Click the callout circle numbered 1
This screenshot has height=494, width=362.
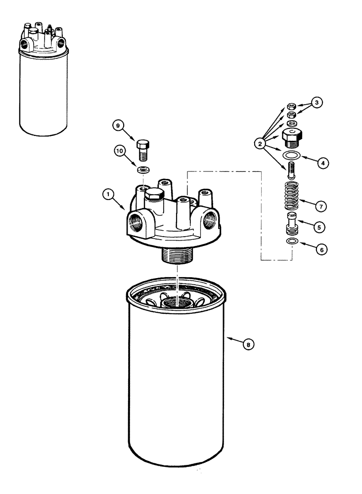pyautogui.click(x=106, y=195)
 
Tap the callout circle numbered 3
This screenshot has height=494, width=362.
pyautogui.click(x=317, y=103)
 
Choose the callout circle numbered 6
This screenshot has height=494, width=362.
pyautogui.click(x=320, y=250)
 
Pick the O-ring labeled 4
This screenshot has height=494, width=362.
pyautogui.click(x=291, y=157)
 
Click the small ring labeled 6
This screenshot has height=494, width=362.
pyautogui.click(x=291, y=241)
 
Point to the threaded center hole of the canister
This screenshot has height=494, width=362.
pyautogui.click(x=177, y=301)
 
